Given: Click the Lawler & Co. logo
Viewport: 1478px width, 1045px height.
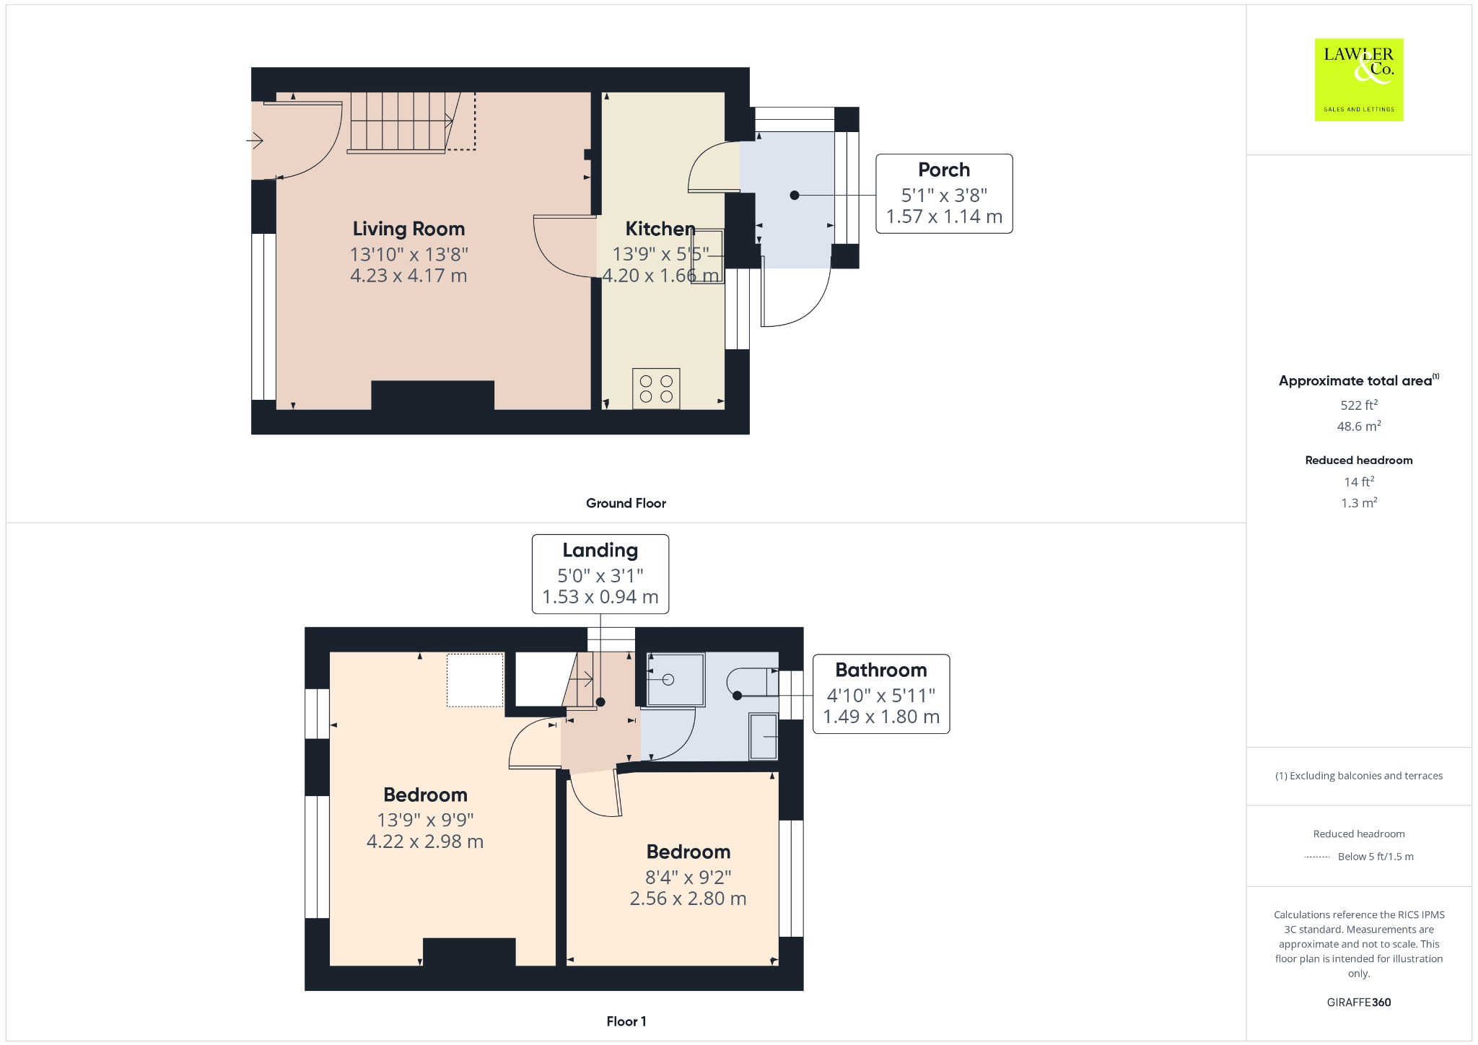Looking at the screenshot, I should (1358, 79).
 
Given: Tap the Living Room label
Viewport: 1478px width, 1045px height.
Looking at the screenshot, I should (408, 229).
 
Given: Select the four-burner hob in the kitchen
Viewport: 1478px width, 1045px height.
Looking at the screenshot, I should (656, 388).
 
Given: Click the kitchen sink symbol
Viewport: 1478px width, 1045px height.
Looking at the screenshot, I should (707, 256).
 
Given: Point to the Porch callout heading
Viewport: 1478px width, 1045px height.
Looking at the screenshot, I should (943, 170).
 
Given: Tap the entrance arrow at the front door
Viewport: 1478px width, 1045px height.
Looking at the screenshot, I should (255, 140).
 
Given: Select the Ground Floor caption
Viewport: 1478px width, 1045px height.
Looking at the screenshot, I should (626, 503).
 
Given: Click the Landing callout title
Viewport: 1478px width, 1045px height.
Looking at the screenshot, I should (600, 550).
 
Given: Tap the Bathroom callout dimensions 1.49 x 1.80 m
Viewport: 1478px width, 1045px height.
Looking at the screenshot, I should (880, 717).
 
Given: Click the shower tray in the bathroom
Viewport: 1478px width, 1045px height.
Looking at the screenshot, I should (675, 679).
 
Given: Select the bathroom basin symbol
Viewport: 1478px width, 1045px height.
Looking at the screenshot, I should (763, 736).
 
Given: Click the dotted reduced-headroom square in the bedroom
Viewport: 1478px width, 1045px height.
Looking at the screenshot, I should (475, 679).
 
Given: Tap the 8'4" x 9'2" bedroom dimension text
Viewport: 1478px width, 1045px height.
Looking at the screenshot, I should (688, 877).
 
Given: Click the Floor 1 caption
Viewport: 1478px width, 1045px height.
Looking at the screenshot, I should (626, 1021).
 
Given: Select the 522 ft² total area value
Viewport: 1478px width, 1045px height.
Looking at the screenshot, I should (1358, 405).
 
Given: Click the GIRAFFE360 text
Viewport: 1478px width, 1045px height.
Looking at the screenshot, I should (1358, 1002).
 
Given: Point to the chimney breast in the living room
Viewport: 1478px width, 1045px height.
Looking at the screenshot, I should (432, 395).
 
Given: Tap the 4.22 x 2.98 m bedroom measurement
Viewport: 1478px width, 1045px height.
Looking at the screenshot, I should (424, 841).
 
